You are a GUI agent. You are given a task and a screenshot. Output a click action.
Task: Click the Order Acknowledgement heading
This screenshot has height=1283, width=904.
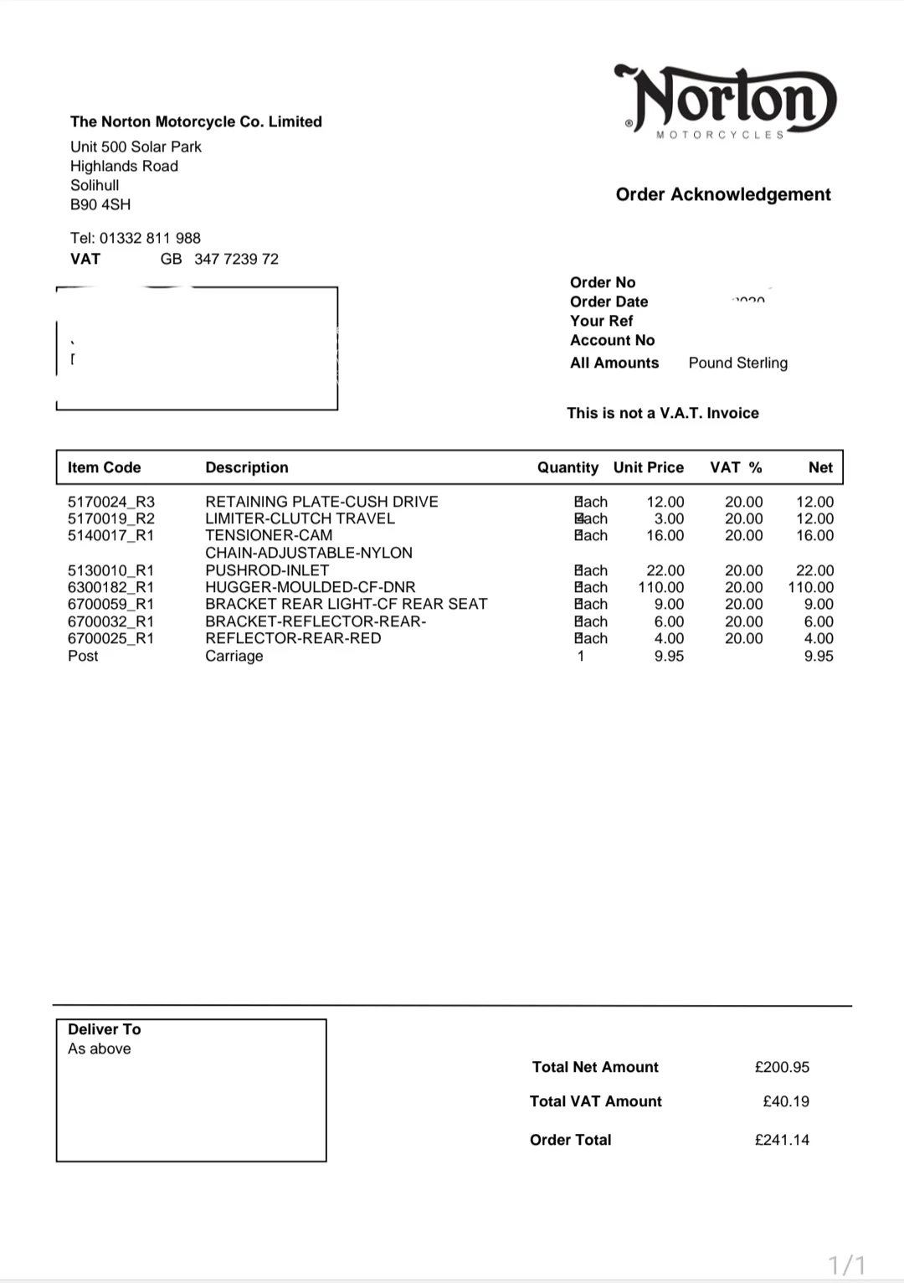click(x=723, y=194)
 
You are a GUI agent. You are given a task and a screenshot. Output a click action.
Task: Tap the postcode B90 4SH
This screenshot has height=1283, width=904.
click(x=100, y=204)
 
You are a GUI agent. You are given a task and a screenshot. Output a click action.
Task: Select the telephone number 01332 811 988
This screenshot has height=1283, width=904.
click(x=150, y=238)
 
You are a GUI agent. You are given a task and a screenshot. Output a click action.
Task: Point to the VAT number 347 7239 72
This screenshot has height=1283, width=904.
click(x=236, y=259)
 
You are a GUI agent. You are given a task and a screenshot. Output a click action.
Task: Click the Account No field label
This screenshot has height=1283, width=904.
click(x=612, y=340)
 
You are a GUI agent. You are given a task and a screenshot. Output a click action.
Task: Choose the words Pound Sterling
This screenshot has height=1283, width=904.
click(x=737, y=363)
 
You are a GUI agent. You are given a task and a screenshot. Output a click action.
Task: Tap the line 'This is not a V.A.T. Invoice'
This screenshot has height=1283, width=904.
click(x=662, y=413)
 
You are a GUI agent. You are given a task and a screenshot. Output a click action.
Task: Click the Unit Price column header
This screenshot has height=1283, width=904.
click(x=648, y=467)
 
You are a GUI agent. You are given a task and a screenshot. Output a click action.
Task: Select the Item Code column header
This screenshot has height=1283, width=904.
click(x=104, y=467)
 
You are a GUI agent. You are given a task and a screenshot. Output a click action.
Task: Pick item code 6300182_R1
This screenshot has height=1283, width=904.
click(x=110, y=587)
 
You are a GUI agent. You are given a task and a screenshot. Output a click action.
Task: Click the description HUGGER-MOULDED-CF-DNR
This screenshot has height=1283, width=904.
click(x=310, y=587)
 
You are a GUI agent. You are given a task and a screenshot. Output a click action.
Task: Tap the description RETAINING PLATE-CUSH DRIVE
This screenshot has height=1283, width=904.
click(x=321, y=502)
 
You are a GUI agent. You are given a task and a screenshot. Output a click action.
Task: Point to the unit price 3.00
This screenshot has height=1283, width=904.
click(x=669, y=518)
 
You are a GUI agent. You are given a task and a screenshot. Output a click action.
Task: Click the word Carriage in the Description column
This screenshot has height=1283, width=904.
click(x=234, y=656)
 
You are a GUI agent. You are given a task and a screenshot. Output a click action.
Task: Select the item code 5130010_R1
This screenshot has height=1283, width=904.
click(x=110, y=570)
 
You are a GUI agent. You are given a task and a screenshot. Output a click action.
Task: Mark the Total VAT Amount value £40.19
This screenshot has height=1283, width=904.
click(x=785, y=1101)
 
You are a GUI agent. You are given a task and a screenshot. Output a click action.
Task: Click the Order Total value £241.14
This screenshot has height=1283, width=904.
click(x=782, y=1140)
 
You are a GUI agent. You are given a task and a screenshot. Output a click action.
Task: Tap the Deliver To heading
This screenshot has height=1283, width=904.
click(x=104, y=1029)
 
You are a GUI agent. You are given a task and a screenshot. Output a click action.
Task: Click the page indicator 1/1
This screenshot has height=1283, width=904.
click(x=846, y=1264)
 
